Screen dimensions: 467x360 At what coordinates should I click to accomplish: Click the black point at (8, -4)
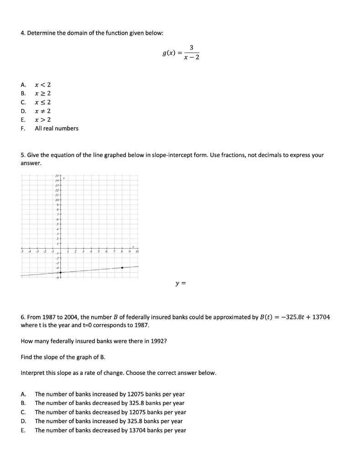click(x=122, y=268)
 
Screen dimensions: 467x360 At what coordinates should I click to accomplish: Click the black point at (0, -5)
click(x=61, y=272)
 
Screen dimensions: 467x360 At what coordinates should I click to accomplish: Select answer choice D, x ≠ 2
click(x=42, y=111)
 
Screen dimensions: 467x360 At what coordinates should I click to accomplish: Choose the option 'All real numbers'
click(x=57, y=129)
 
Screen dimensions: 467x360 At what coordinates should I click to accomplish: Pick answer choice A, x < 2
click(x=42, y=84)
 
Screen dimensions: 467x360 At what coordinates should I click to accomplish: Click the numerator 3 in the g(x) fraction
click(x=191, y=47)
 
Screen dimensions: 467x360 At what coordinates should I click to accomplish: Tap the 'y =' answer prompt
click(x=181, y=284)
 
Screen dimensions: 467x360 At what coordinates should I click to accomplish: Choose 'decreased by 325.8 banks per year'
click(x=110, y=403)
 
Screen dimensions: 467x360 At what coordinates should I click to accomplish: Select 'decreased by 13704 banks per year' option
click(x=110, y=430)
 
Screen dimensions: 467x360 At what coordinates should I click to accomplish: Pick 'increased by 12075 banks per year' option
click(x=110, y=394)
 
